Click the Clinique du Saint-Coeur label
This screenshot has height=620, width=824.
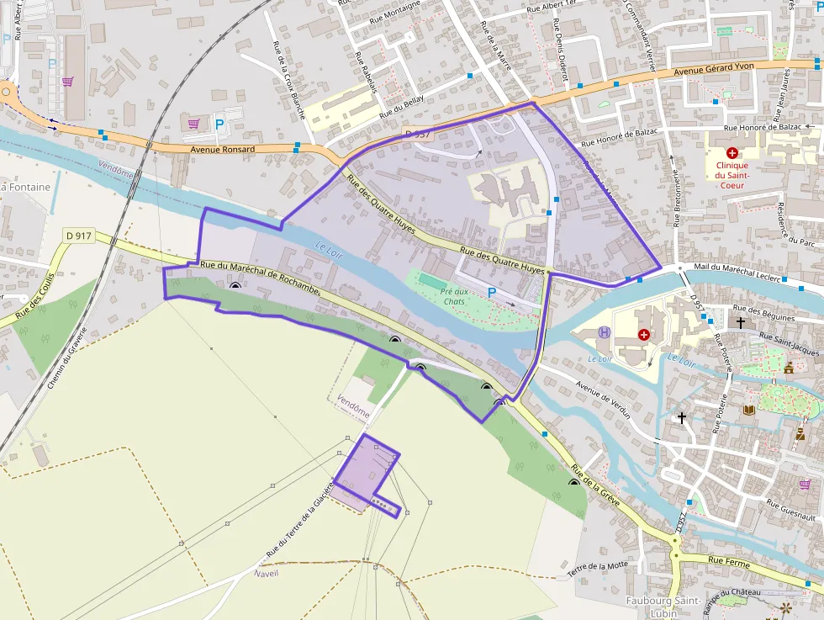coord(732,176)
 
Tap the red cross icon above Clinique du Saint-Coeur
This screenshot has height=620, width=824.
coord(732,154)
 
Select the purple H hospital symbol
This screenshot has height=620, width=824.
coord(604,332)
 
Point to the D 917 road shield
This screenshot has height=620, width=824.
coord(78,236)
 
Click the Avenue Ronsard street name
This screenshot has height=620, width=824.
coord(222,149)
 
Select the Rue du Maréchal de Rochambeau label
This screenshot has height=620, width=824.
coord(261,277)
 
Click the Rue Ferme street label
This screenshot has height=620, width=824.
coord(727,559)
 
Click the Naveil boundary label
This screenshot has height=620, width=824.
coord(265,573)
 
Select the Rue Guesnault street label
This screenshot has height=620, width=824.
coord(790,510)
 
